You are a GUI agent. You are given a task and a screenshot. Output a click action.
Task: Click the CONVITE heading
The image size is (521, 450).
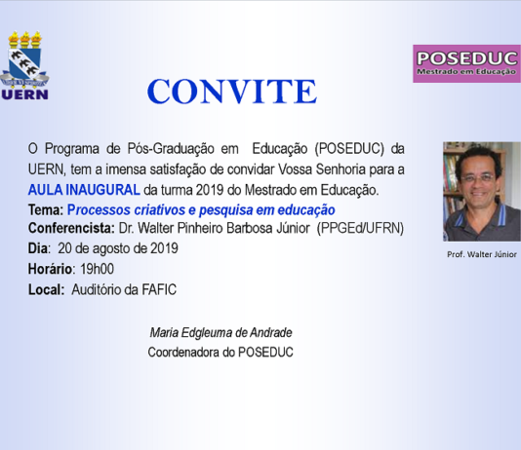[232, 92]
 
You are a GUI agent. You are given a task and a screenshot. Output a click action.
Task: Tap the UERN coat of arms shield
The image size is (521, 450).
[24, 64]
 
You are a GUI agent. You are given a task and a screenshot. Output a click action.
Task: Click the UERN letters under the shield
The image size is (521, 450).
[25, 94]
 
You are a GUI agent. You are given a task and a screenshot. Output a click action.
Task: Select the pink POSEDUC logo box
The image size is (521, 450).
[466, 63]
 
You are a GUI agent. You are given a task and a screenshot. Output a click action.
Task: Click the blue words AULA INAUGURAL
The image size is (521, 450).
[84, 190]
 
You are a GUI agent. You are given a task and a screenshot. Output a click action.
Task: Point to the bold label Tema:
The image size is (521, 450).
[46, 210]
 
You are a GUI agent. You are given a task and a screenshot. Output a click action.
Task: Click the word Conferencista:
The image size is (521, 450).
[71, 228]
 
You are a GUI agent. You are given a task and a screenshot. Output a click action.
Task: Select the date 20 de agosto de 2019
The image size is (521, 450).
[118, 248]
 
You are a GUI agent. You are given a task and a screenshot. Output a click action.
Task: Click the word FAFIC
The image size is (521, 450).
[159, 289]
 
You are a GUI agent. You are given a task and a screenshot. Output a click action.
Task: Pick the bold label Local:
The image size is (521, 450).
[46, 289]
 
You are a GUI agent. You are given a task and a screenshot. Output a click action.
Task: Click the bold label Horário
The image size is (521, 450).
[50, 269]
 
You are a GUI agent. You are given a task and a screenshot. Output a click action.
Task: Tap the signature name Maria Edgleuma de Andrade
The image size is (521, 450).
[220, 332]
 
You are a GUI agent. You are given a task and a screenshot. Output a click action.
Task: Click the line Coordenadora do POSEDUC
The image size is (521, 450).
[220, 353]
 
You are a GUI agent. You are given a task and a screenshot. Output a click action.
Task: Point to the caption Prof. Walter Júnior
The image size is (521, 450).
[482, 254]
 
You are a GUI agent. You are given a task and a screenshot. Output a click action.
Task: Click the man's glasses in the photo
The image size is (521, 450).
[478, 178]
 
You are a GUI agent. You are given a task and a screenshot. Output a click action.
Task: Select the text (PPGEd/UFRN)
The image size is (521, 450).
[360, 228]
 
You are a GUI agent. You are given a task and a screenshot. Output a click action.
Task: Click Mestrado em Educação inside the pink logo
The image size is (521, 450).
[466, 71]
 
